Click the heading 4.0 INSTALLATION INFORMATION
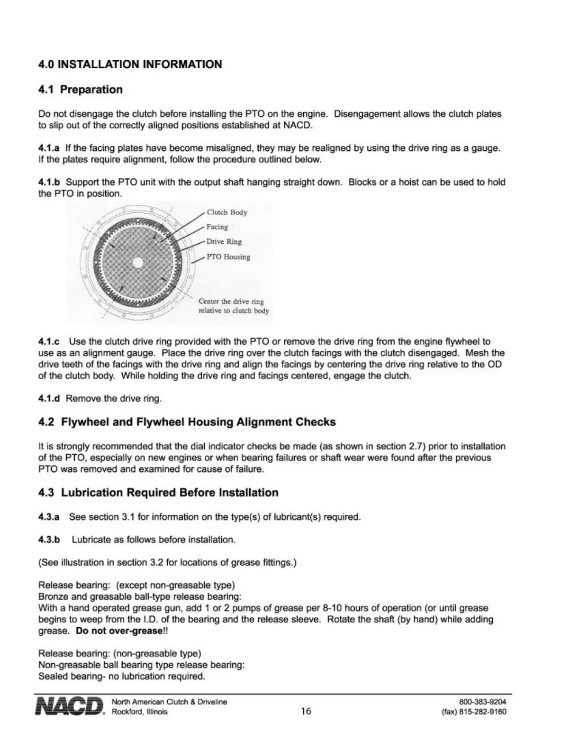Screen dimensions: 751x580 click(130, 64)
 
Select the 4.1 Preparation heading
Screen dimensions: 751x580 click(80, 90)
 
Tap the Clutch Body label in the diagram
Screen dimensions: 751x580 click(227, 212)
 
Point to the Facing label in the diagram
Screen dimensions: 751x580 click(217, 227)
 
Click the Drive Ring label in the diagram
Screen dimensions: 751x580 click(224, 242)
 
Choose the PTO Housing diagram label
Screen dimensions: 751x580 click(227, 257)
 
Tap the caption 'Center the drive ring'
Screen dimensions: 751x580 click(231, 302)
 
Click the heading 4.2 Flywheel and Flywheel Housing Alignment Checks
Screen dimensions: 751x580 click(187, 422)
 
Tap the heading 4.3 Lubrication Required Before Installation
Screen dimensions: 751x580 click(158, 493)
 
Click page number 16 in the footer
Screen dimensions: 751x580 click(306, 711)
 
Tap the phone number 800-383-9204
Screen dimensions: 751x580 click(483, 702)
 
